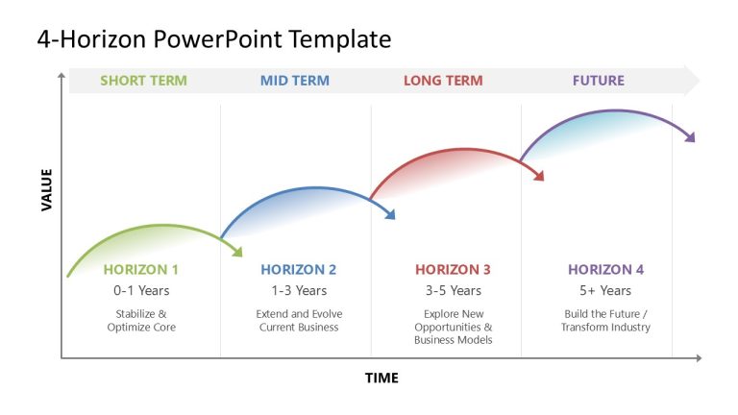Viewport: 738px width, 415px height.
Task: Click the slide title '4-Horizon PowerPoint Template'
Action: [214, 39]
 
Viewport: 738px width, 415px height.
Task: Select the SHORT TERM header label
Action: [143, 81]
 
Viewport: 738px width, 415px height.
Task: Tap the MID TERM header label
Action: [294, 81]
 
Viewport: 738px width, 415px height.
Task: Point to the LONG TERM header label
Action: [443, 81]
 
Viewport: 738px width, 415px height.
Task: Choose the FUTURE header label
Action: [598, 81]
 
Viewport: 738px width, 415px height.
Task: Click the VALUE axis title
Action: [46, 189]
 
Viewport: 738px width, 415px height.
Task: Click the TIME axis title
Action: [381, 378]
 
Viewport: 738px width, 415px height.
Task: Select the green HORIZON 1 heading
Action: [141, 270]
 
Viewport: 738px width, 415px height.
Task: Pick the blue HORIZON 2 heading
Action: [298, 270]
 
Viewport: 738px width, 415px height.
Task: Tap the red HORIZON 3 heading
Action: [453, 270]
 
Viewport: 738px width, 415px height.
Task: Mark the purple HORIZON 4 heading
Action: [605, 270]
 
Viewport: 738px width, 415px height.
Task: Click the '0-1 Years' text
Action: [141, 290]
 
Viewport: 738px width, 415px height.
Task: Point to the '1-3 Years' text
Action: [298, 290]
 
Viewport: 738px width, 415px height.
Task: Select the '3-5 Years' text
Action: [453, 290]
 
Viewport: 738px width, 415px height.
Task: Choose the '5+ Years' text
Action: [605, 290]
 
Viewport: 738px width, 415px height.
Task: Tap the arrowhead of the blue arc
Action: [389, 215]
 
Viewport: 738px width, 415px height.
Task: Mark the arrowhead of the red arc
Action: [539, 177]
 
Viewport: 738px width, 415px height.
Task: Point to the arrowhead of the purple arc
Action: [689, 138]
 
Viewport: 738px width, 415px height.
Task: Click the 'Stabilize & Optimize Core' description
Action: [141, 321]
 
